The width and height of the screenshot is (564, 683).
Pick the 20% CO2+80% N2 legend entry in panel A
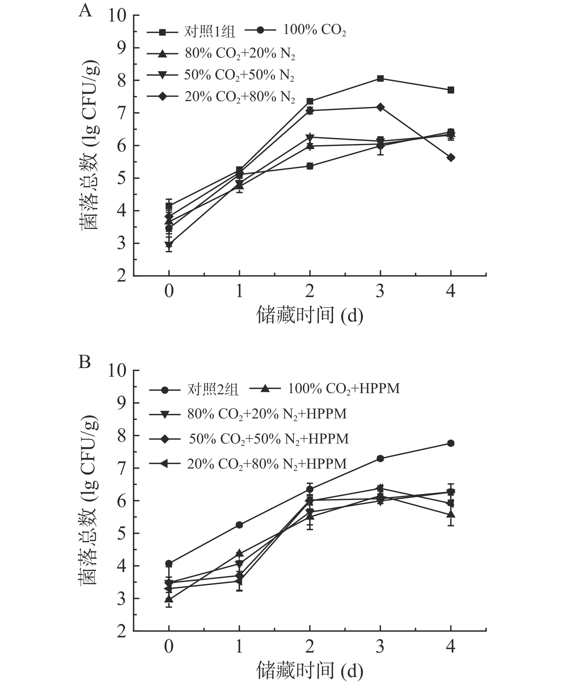pos(221,97)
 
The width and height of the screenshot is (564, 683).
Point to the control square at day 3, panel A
pos(380,78)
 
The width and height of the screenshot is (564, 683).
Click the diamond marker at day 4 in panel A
pos(451,158)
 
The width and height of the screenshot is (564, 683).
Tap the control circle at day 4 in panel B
pos(451,444)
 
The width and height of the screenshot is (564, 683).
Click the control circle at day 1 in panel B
pos(239,525)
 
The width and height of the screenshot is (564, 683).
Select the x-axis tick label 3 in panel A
pos(380,291)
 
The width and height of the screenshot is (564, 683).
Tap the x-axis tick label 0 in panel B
pos(169,646)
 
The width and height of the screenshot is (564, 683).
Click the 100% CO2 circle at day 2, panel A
pos(310,166)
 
